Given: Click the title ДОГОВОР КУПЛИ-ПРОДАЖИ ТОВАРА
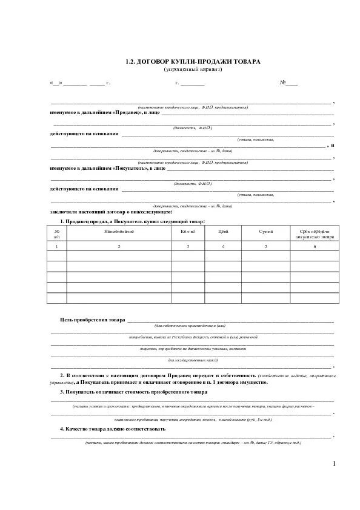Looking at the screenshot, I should tap(193, 62).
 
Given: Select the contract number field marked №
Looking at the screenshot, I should tap(288, 82).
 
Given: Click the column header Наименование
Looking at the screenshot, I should tap(118, 232).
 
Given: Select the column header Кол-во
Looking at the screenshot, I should tap(188, 232).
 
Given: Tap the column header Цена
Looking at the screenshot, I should tap(223, 232).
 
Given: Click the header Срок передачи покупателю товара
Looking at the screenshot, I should tap(315, 234).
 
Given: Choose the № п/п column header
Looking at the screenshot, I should tap(56, 234).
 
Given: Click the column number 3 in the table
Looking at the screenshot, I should tap(188, 247).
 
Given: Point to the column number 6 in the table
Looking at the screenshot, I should tap(315, 247).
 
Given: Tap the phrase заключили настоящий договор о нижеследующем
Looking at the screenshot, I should tap(112, 212).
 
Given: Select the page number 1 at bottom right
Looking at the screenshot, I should tap(334, 464).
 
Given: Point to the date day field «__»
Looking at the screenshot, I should tap(56, 82).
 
